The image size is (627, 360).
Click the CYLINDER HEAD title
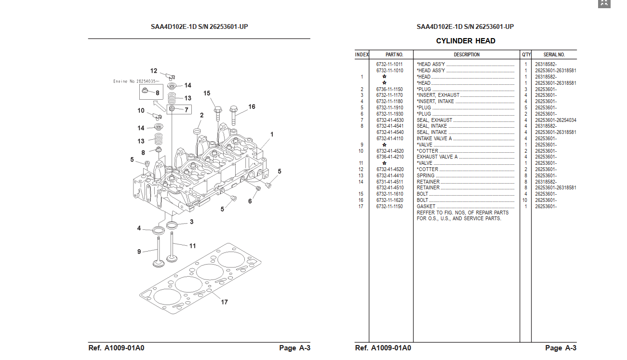click(x=466, y=41)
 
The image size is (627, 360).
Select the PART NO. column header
click(x=394, y=54)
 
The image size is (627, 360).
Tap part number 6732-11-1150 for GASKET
click(x=389, y=207)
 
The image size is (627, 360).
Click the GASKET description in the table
click(x=426, y=207)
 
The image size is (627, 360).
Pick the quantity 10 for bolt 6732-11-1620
click(x=524, y=200)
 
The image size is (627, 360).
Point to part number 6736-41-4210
click(x=390, y=157)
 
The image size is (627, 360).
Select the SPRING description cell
click(x=426, y=176)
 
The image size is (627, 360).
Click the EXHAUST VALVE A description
click(x=437, y=157)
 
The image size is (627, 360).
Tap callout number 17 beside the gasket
click(x=224, y=302)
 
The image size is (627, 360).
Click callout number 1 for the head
click(x=271, y=134)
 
